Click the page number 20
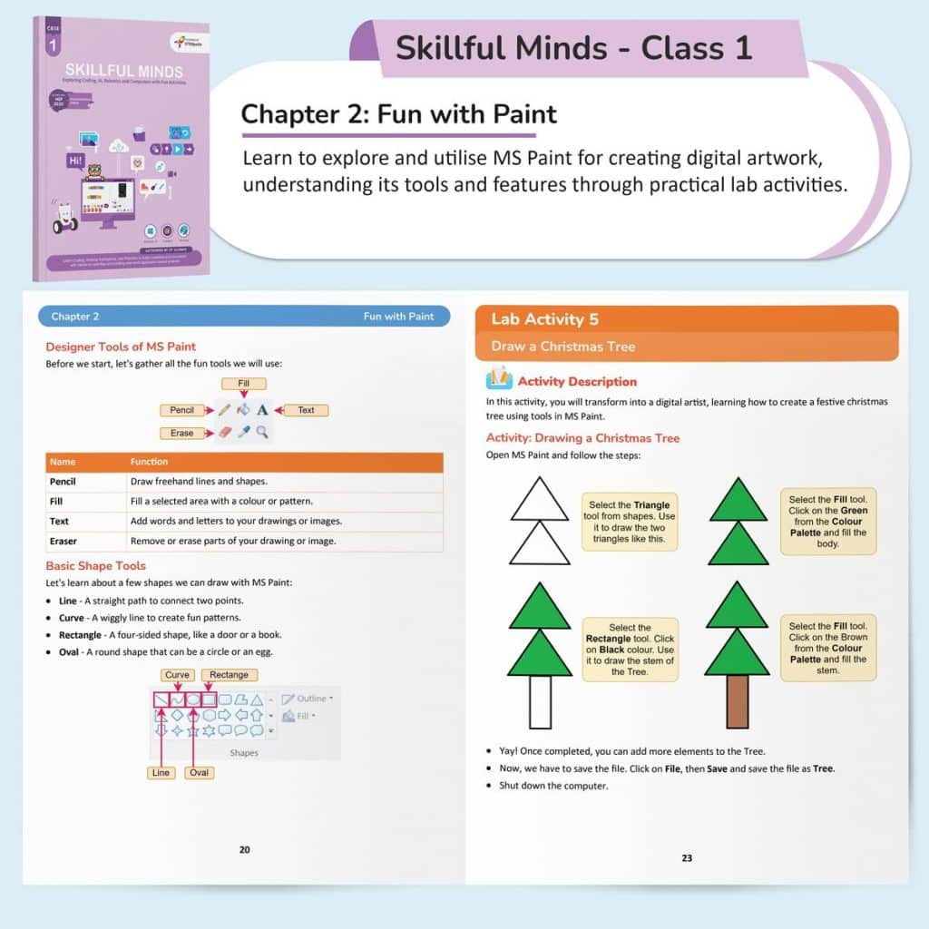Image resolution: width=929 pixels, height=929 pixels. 244,850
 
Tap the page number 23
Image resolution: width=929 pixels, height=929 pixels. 687,857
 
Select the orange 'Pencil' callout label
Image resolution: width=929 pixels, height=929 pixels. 182,410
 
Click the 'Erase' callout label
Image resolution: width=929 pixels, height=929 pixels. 182,433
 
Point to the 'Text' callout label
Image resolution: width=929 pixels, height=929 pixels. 307,410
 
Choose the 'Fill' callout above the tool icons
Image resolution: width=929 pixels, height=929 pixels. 244,384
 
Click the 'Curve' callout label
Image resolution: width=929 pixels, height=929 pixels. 178,675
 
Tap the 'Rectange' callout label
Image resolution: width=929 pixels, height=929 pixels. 230,675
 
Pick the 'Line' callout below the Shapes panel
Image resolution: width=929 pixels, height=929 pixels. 161,773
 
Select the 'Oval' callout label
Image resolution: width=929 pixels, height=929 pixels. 200,773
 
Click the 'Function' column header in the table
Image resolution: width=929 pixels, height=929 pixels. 150,462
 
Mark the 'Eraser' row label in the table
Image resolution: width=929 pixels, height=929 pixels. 64,542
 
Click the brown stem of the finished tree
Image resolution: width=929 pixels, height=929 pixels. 737,702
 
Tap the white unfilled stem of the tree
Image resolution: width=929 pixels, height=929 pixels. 540,702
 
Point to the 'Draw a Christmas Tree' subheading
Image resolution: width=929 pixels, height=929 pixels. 563,347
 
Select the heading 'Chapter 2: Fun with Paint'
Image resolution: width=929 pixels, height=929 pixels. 399,115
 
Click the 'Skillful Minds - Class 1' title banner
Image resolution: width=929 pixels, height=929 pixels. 573,48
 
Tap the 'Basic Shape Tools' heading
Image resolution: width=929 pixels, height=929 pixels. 95,566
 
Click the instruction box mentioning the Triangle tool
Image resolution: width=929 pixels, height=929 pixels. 631,522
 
